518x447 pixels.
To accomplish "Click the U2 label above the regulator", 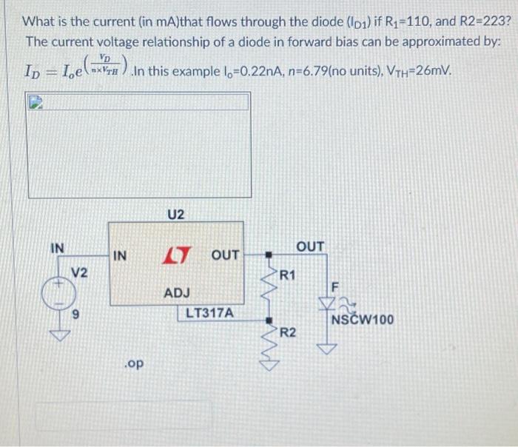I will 175,215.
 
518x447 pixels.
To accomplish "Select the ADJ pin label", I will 177,293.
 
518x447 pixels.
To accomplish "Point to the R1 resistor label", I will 288,275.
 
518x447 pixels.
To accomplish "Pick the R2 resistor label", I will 288,332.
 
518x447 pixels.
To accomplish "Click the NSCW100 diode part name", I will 363,320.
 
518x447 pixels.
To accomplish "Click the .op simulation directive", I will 135,363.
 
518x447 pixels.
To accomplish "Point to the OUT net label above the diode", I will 310,245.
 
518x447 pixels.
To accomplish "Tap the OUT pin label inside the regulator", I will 225,255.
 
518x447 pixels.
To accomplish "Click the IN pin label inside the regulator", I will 121,256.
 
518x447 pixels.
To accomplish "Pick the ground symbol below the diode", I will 326,347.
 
